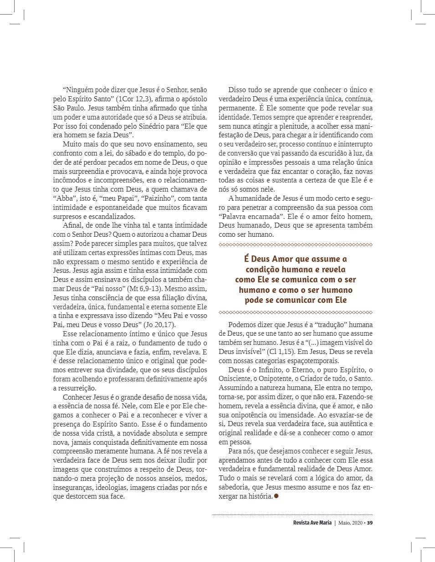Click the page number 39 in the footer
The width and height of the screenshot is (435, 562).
pos(370,523)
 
